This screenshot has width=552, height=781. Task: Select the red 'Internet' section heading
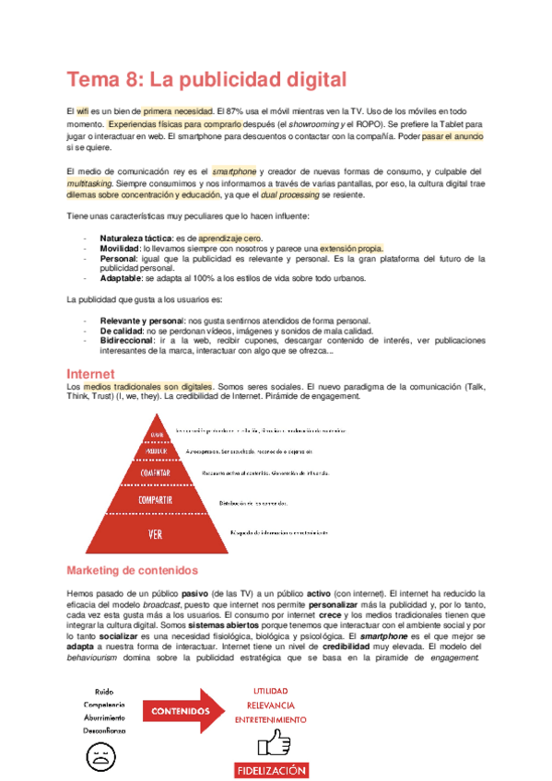click(90, 374)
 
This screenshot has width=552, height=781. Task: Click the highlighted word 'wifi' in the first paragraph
click(84, 111)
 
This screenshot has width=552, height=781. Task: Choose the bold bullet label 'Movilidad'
click(121, 249)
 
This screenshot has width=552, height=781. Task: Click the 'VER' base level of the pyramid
click(156, 533)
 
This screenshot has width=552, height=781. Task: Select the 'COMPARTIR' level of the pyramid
click(156, 501)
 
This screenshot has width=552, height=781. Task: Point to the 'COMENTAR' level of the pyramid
click(156, 473)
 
